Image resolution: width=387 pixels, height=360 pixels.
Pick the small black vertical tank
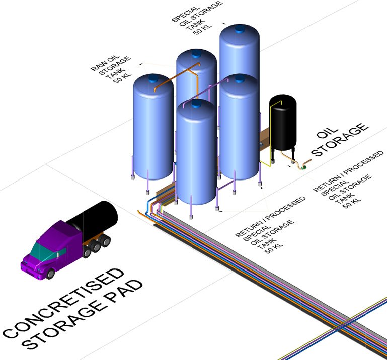click(282, 123)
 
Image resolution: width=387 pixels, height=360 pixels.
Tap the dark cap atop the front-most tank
click(196, 103)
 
